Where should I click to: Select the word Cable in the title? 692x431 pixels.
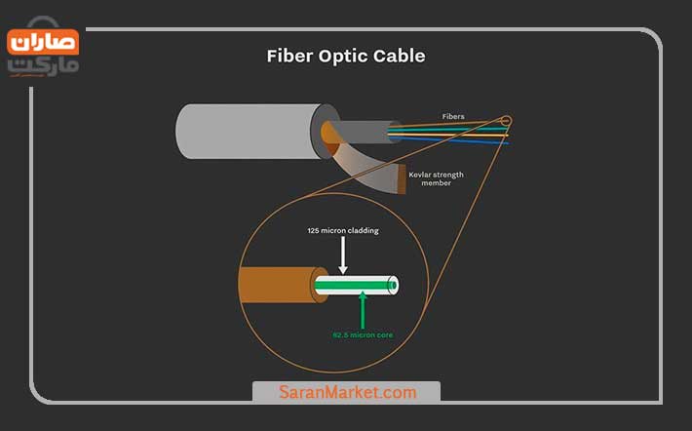coord(399,57)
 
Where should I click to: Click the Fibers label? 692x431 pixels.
coord(453,117)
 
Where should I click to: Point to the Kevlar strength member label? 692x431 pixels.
coord(436,178)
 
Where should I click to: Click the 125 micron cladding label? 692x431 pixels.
coord(343,230)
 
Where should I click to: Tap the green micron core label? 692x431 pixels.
coord(363,335)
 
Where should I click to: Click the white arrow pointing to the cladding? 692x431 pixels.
coord(342,255)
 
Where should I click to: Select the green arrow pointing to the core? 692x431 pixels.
coord(363,310)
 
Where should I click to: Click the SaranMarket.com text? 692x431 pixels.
coord(347,392)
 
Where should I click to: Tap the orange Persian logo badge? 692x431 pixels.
coord(43,42)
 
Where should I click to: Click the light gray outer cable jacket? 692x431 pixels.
coord(250,132)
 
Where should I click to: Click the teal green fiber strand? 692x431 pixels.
coord(448,130)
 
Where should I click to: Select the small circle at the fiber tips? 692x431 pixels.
coord(507,120)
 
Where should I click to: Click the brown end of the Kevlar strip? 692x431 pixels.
coord(402,178)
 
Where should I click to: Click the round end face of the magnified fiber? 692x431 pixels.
coord(393,285)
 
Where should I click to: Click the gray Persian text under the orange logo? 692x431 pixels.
coord(43,66)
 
